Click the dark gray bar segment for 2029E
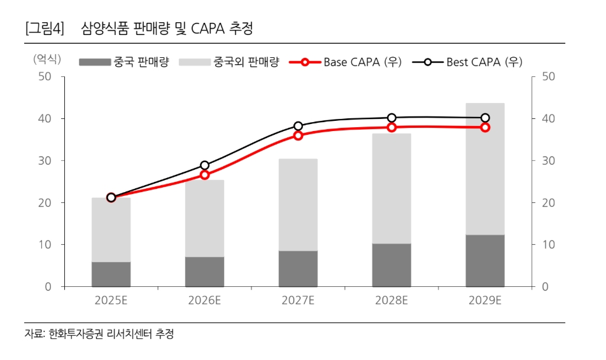(x=485, y=261)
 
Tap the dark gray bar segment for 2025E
(x=111, y=274)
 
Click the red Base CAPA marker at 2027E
(x=298, y=135)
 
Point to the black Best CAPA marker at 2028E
(x=391, y=118)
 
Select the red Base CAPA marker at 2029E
(x=485, y=127)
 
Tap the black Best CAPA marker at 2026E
(x=205, y=165)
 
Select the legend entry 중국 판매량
(x=124, y=62)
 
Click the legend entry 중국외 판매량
(x=230, y=62)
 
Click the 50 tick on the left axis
(x=45, y=76)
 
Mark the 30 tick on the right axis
(x=549, y=161)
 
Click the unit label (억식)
(x=47, y=59)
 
